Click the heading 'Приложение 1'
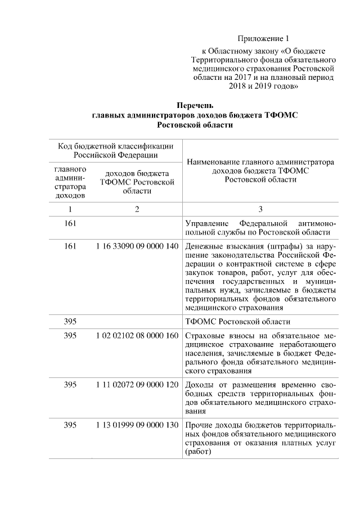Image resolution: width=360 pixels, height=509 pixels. tap(263, 39)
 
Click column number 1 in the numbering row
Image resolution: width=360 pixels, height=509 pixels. tap(70, 209)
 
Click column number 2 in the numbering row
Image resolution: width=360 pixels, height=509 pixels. tap(137, 209)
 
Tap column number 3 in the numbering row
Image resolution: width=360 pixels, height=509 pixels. tap(260, 209)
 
